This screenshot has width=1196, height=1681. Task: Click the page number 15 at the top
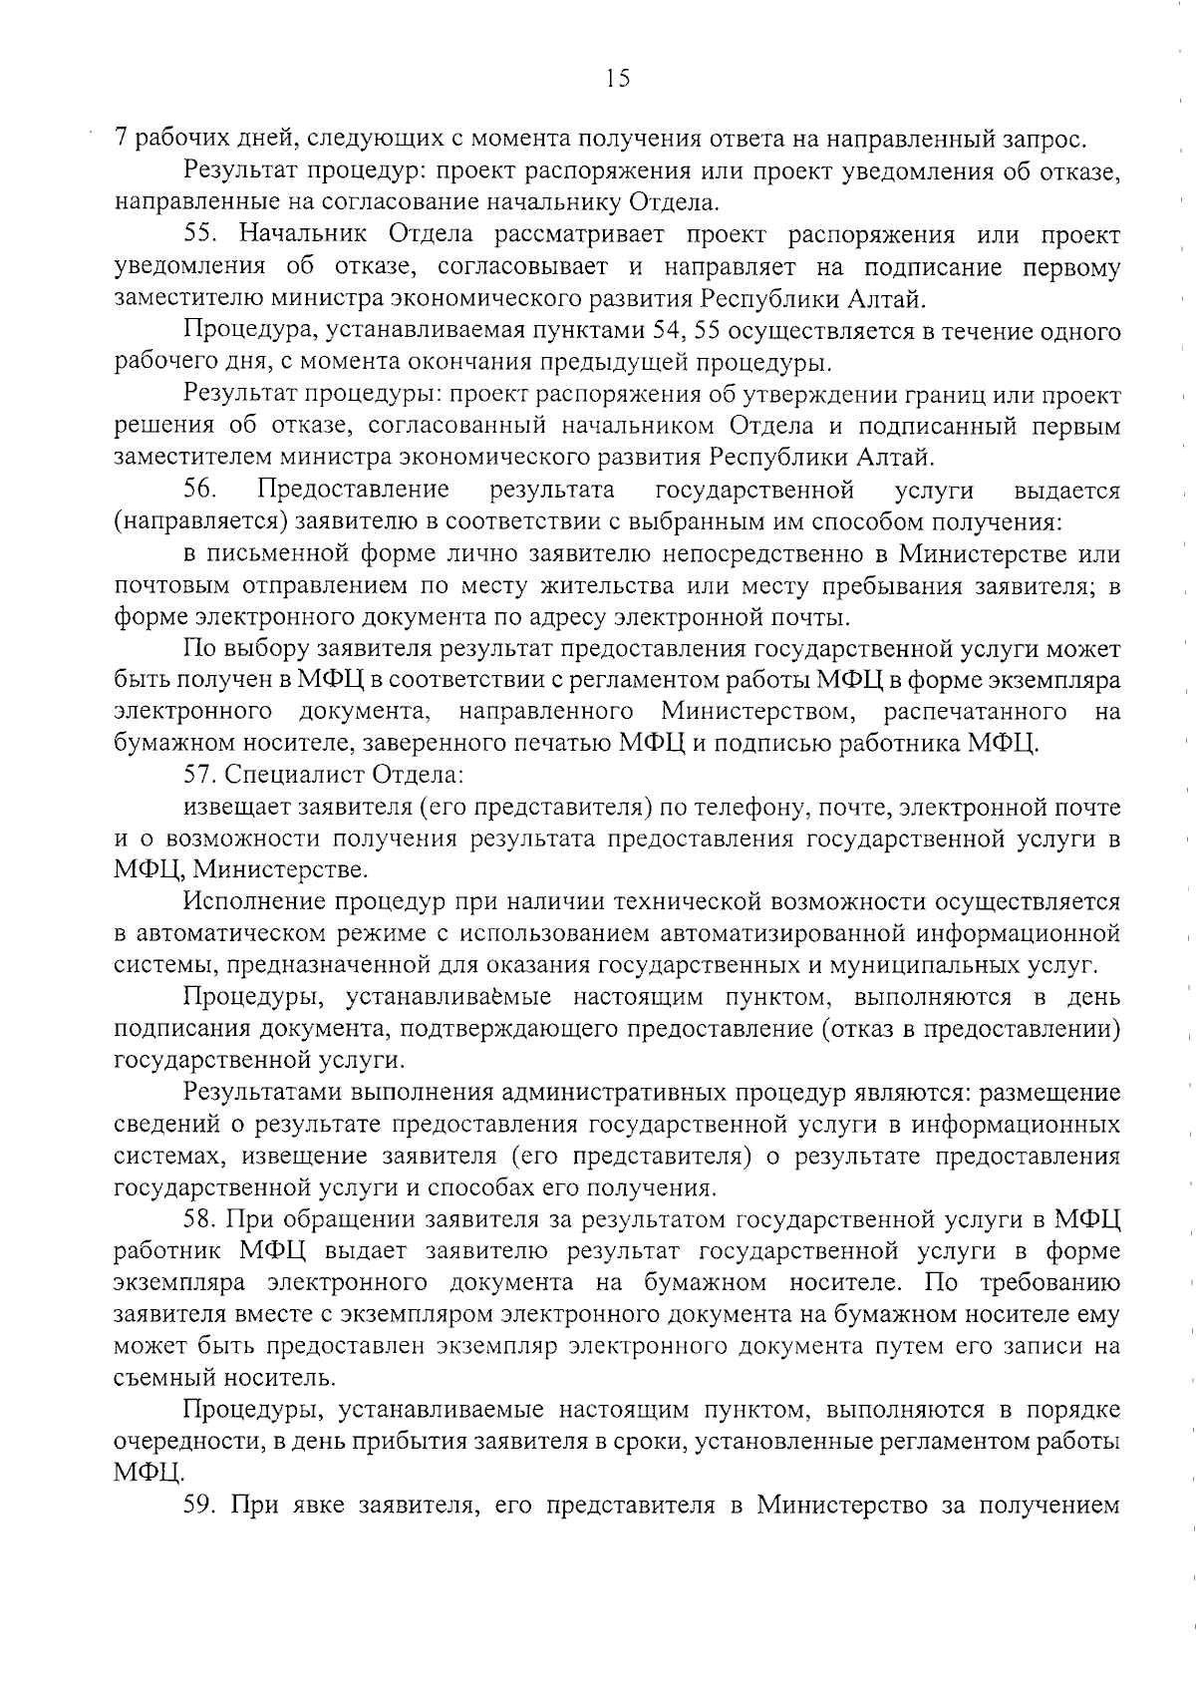(x=617, y=78)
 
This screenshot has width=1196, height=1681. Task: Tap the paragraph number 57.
(x=199, y=774)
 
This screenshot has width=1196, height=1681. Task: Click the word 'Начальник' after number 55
(x=306, y=235)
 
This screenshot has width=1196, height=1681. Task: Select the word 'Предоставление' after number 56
(x=353, y=490)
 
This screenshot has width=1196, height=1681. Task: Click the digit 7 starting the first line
(x=122, y=140)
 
